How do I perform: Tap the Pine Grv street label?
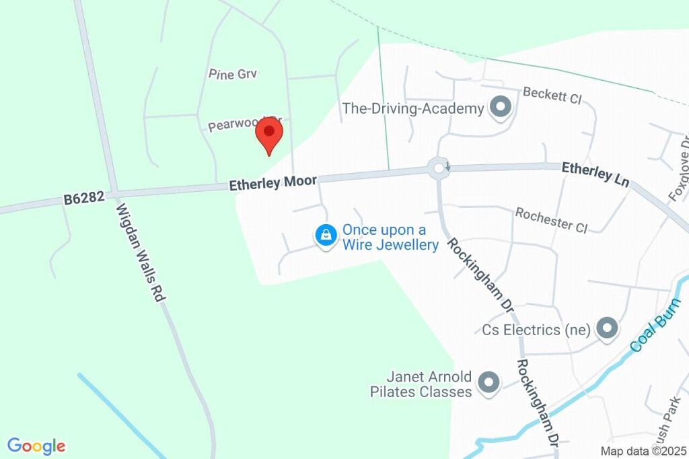click(x=233, y=74)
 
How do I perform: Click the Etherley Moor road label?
click(x=273, y=182)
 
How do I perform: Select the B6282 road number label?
click(x=84, y=199)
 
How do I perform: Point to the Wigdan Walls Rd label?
click(x=141, y=252)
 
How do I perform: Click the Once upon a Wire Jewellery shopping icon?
click(x=326, y=236)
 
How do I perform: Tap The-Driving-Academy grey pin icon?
click(x=499, y=108)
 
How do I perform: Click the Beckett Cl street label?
click(x=552, y=95)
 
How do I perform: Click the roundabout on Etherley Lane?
click(x=439, y=168)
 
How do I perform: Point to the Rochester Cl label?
click(x=551, y=220)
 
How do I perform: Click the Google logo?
click(x=36, y=446)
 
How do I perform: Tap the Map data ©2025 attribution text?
click(x=643, y=451)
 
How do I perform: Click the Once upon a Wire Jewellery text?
click(x=390, y=237)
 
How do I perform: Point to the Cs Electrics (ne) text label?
click(x=536, y=330)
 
